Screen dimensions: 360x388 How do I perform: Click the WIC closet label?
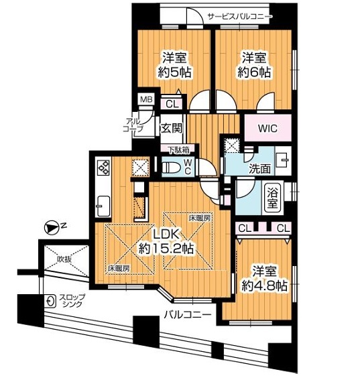pyautogui.click(x=267, y=129)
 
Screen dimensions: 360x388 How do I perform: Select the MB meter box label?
pyautogui.click(x=147, y=99)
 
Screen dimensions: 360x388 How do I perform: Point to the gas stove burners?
pyautogui.click(x=104, y=167)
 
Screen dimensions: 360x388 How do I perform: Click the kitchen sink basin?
pyautogui.click(x=103, y=206)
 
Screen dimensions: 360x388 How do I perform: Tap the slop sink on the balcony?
pyautogui.click(x=51, y=301)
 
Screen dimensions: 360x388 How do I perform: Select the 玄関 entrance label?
pyautogui.click(x=172, y=129)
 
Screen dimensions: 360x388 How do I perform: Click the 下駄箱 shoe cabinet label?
pyautogui.click(x=179, y=149)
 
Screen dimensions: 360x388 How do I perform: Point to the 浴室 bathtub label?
pyautogui.click(x=273, y=197)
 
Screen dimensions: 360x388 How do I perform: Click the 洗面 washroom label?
pyautogui.click(x=259, y=169)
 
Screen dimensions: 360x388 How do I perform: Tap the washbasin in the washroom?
pyautogui.click(x=282, y=160)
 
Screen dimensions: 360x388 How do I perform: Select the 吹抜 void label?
pyautogui.click(x=64, y=259)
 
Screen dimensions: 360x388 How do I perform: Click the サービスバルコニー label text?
pyautogui.click(x=240, y=17)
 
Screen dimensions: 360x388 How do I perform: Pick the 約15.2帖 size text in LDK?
pyautogui.click(x=166, y=249)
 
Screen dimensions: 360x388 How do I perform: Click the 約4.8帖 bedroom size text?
pyautogui.click(x=264, y=285)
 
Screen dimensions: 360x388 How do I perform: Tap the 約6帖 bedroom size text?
pyautogui.click(x=254, y=72)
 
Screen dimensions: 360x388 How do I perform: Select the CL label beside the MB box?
pyautogui.click(x=172, y=104)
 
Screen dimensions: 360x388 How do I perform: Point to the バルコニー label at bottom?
pyautogui.click(x=188, y=315)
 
